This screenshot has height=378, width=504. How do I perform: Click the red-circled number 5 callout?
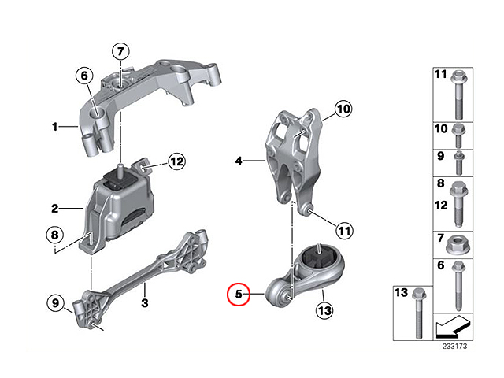pos(238,294)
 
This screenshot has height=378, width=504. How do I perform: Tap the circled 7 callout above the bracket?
pos(120,51)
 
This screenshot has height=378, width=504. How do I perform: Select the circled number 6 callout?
pos(84,76)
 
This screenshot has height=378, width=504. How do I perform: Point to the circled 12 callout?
pos(176,161)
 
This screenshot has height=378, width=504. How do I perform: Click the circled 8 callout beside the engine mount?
pos(54,235)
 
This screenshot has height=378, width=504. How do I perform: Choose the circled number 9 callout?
pos(55,302)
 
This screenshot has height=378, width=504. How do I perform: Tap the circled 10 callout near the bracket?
pos(343,109)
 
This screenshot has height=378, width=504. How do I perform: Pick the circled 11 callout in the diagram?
pos(344,231)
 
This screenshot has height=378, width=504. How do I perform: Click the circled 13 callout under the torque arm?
pos(324,310)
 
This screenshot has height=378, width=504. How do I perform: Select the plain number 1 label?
pos(55,127)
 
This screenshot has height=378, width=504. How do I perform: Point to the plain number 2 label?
pos(55,209)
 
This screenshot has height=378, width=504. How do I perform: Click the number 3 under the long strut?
pos(145,302)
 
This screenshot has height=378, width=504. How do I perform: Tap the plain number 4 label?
pos(239,161)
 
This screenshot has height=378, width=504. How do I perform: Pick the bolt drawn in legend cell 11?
pos(458,95)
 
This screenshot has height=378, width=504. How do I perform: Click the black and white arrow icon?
pos(453,327)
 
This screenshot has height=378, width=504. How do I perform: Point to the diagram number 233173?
pos(454,346)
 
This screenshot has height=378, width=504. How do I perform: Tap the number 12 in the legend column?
pos(441,205)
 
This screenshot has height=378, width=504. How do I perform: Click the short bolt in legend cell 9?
pos(458,163)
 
